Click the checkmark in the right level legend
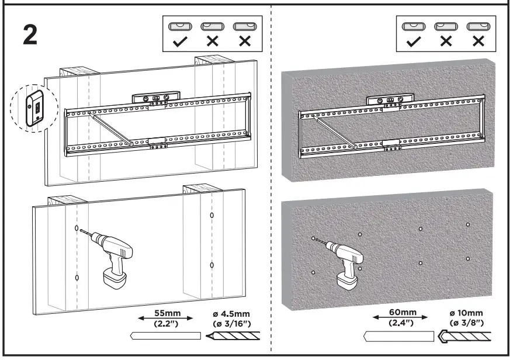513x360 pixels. (414, 41)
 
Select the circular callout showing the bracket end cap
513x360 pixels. (34, 107)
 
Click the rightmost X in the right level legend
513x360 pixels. (479, 41)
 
